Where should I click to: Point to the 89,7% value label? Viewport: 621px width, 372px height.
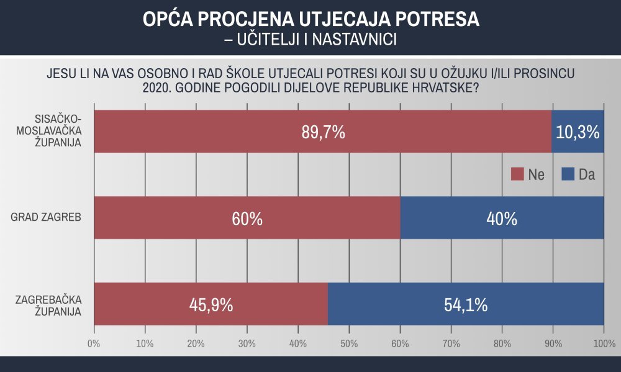[x=322, y=132]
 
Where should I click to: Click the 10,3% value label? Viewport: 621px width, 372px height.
[x=578, y=132]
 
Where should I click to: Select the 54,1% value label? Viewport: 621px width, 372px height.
[x=466, y=304]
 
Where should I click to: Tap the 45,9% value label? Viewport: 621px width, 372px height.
[x=211, y=304]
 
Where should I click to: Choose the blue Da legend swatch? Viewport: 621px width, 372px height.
[x=568, y=174]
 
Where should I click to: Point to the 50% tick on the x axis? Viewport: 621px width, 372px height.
[x=349, y=343]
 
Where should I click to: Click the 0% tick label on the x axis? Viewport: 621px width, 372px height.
[x=94, y=343]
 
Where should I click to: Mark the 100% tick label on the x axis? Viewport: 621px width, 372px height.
[x=604, y=343]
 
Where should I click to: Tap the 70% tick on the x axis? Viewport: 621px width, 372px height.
[x=451, y=343]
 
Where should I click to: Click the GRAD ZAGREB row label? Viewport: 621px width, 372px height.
[x=47, y=218]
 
